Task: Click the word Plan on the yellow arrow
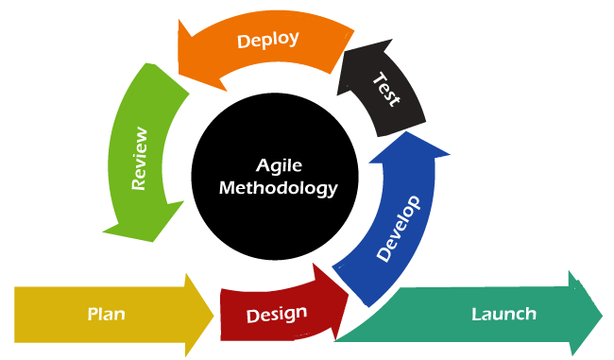pos(107,314)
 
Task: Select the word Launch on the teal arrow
pos(503,314)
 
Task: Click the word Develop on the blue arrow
pos(398,228)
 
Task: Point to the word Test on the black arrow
pos(386,90)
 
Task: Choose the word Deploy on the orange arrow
pos(268,40)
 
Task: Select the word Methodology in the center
pos(279,187)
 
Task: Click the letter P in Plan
pos(93,314)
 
